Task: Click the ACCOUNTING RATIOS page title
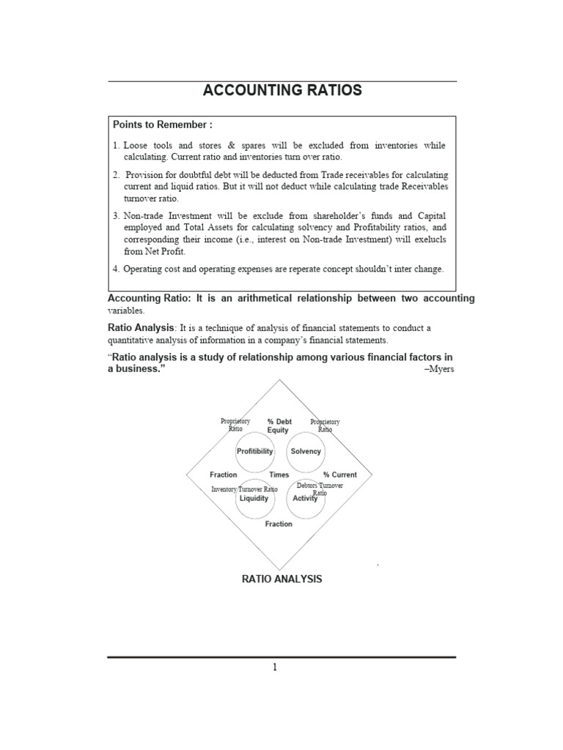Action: (x=281, y=91)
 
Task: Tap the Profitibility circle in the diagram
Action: (x=254, y=451)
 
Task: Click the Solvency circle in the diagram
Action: (x=306, y=451)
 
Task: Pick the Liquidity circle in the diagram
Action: (x=254, y=498)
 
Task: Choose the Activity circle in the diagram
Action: (x=305, y=498)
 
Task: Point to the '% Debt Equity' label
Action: (x=279, y=426)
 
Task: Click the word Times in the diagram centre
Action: (x=279, y=475)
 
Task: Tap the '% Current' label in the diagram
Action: (x=340, y=475)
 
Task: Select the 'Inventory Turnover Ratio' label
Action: (x=244, y=489)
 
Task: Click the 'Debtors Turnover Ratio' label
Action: (x=320, y=489)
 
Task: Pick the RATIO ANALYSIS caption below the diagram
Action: (x=281, y=579)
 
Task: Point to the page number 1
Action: (x=274, y=667)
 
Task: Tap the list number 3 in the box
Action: (x=116, y=215)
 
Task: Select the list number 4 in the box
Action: (x=116, y=269)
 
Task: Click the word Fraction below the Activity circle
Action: (x=279, y=524)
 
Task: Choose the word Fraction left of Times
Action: (x=224, y=475)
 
